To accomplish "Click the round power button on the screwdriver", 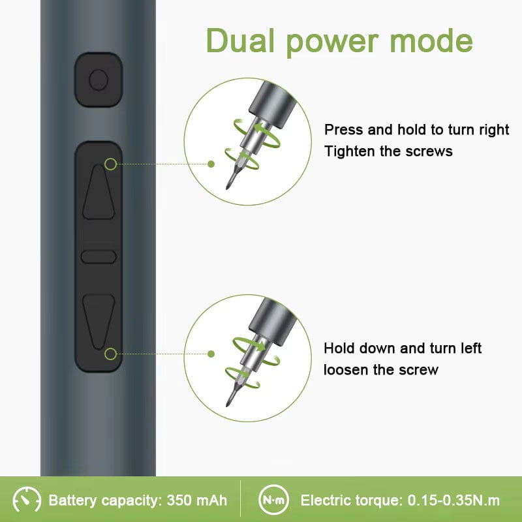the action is (99, 80).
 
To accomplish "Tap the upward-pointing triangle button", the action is (99, 192).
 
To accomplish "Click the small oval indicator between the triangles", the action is (99, 257).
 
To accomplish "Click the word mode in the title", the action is (431, 41).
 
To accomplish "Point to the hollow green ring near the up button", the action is (110, 164).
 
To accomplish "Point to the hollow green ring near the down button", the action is (110, 354).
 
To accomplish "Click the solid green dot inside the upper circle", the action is (211, 164).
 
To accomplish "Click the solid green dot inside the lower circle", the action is (211, 354).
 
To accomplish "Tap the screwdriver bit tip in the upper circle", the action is (228, 188).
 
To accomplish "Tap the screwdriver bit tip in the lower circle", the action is (228, 405).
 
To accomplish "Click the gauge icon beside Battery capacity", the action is (27, 500).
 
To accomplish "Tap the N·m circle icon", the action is (273, 500).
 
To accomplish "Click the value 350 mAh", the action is (197, 500).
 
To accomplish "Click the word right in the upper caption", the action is (494, 130).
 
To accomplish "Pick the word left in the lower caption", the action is (471, 348).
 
